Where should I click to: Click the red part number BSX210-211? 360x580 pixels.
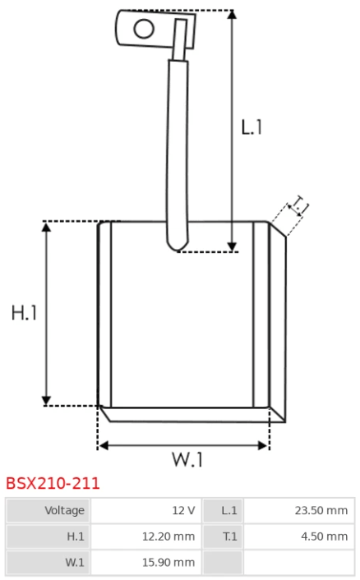click(53, 483)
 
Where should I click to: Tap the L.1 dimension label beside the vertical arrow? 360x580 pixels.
click(252, 127)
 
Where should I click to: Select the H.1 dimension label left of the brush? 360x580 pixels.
click(25, 312)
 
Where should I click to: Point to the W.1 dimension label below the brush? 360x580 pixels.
click(187, 459)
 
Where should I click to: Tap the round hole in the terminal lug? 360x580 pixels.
click(144, 29)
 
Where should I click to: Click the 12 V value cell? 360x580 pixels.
click(145, 510)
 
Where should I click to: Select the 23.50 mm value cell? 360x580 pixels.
click(299, 510)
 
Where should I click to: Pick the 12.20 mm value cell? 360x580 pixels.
click(145, 536)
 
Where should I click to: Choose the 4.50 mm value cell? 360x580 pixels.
click(299, 536)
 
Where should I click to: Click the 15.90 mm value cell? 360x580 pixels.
click(145, 563)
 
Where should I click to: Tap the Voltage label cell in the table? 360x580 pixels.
click(48, 510)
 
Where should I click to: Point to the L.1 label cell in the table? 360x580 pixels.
click(223, 510)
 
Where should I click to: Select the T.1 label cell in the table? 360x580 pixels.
click(223, 536)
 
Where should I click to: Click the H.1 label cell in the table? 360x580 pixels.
click(48, 536)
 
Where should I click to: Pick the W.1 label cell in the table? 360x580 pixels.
click(48, 563)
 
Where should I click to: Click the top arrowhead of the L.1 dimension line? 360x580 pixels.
click(232, 14)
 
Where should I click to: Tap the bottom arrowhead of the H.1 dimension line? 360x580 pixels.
click(46, 401)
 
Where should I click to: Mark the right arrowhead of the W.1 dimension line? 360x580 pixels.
click(263, 446)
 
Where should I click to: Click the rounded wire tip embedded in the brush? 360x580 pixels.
click(178, 245)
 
